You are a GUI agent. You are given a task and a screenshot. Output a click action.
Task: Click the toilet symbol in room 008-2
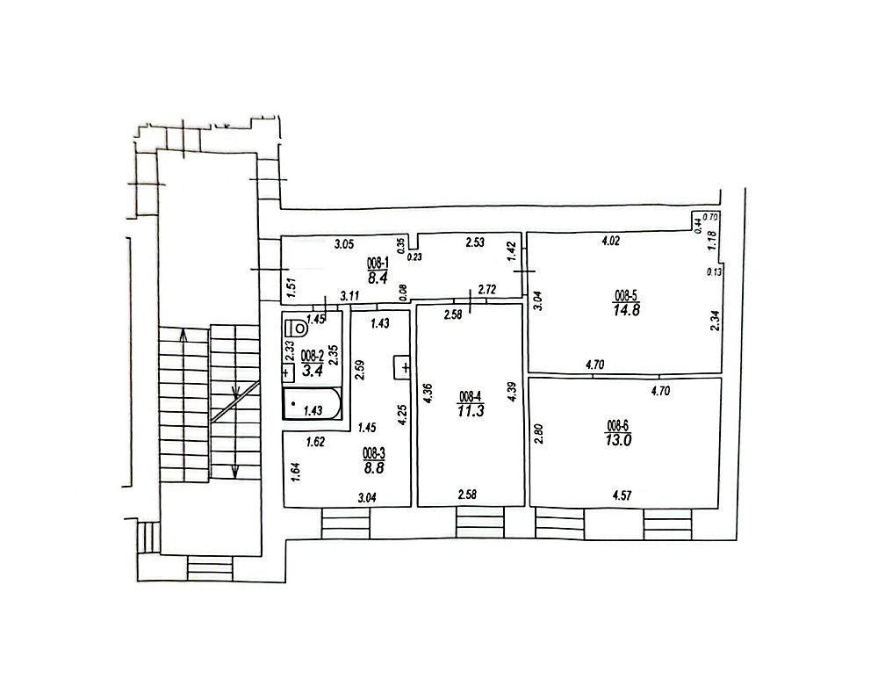point(296,327)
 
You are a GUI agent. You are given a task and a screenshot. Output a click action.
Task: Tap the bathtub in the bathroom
point(312,404)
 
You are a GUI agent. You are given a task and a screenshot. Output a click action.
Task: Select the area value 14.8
point(626,310)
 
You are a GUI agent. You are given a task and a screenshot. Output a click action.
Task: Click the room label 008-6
point(617,424)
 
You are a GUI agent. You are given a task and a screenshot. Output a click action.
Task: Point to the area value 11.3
point(471,410)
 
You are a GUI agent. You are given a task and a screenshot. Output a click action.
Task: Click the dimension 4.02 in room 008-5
point(610,242)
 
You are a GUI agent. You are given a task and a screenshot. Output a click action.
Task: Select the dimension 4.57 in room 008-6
point(623,495)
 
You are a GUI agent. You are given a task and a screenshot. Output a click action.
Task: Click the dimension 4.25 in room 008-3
point(401,415)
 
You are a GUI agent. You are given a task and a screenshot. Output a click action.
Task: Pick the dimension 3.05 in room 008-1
point(344,243)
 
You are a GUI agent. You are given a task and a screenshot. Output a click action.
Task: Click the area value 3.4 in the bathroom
point(310,371)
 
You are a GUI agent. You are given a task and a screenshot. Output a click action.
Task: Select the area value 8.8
point(373,467)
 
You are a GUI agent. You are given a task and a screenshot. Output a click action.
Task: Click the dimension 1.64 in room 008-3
point(296,471)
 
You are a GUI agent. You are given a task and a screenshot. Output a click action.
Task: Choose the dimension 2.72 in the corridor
point(487,290)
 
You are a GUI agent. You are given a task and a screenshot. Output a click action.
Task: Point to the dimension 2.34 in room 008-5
point(714,321)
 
